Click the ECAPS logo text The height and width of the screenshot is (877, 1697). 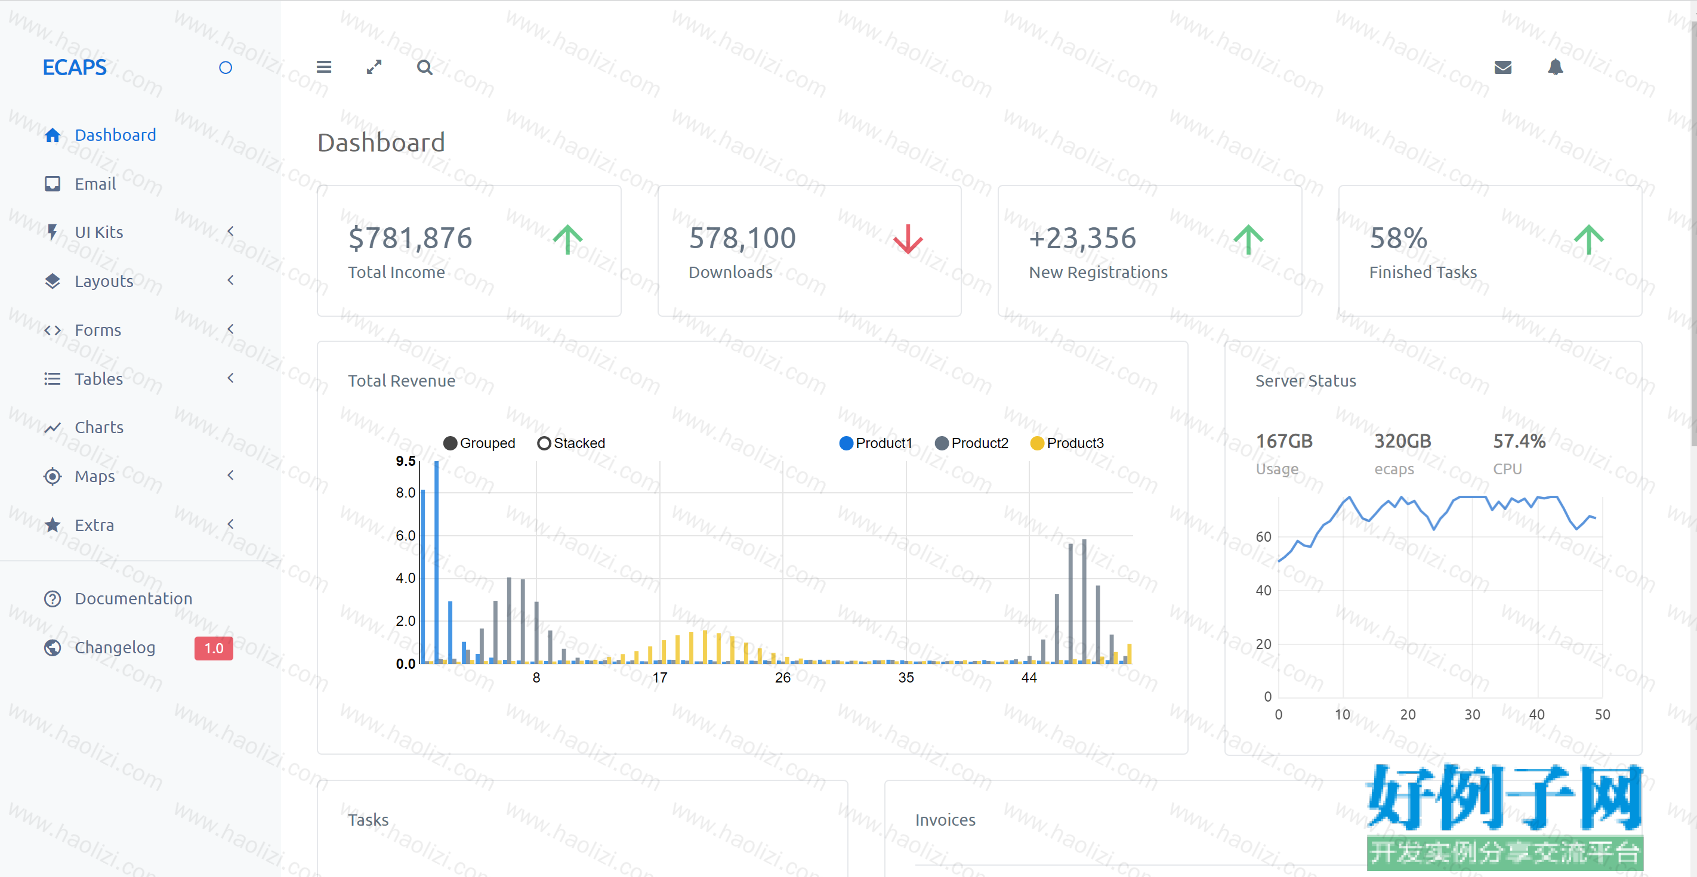click(x=75, y=67)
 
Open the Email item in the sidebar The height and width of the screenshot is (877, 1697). click(x=95, y=184)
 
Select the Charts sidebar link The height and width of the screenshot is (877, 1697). click(x=99, y=427)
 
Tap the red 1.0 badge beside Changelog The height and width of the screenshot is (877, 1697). click(x=214, y=648)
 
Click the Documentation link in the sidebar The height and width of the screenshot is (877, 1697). click(x=133, y=598)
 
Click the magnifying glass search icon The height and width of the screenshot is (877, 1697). click(x=425, y=67)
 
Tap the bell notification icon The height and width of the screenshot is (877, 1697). click(x=1556, y=67)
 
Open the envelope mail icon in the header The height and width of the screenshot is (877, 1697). click(x=1502, y=67)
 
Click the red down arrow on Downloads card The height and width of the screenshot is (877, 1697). click(x=908, y=239)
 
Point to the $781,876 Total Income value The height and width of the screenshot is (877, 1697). click(x=410, y=238)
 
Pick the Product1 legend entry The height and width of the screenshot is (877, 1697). click(x=875, y=443)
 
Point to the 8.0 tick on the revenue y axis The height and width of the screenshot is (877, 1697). click(x=405, y=493)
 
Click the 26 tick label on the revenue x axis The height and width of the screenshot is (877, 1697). click(x=783, y=677)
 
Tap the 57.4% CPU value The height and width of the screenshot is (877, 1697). click(x=1519, y=441)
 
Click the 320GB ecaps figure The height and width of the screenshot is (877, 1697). click(x=1402, y=441)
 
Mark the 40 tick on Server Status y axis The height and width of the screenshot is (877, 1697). click(x=1263, y=591)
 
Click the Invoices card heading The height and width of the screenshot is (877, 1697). click(x=945, y=820)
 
